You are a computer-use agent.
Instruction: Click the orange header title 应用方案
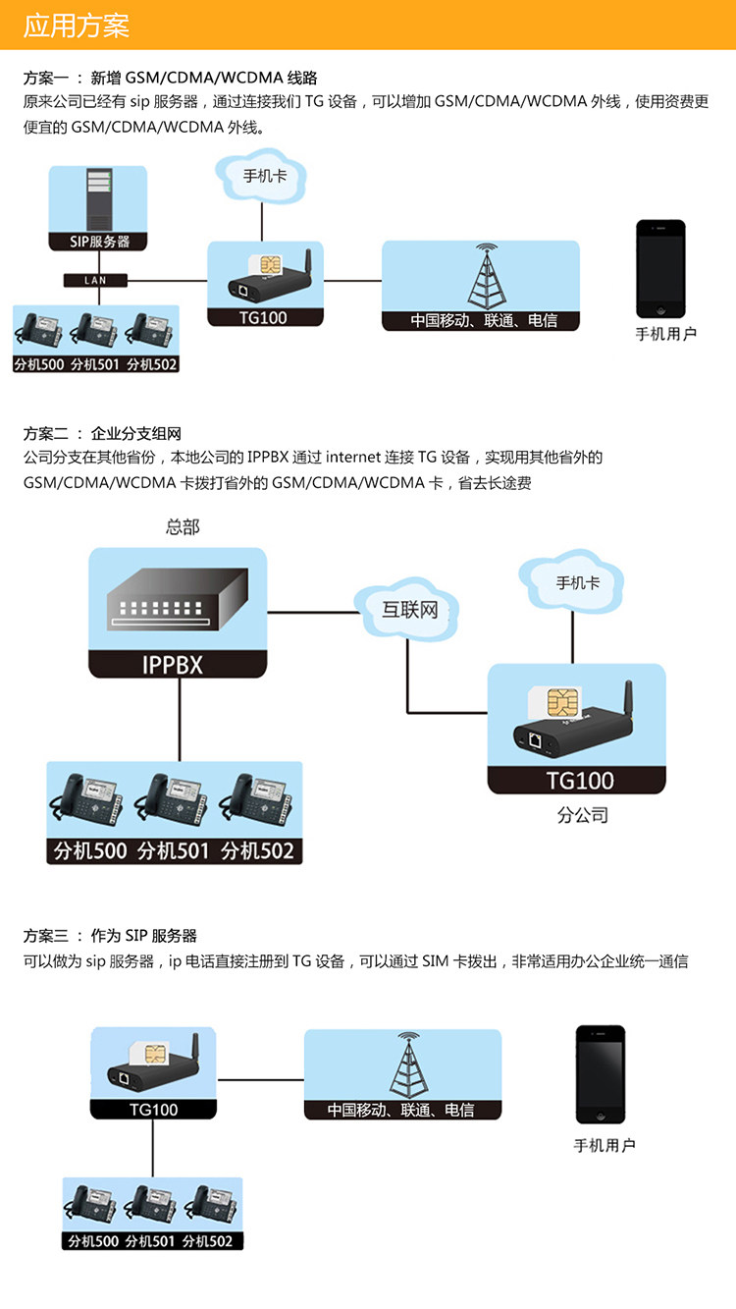tap(77, 26)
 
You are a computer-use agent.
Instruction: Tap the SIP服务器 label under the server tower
tap(97, 241)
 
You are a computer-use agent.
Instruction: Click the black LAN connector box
tap(95, 280)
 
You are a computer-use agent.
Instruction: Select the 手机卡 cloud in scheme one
tap(264, 176)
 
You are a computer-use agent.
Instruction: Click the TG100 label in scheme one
tap(263, 317)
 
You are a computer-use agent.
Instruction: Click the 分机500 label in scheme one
tap(39, 364)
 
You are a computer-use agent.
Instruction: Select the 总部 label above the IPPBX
tap(183, 527)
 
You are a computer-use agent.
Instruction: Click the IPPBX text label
tap(178, 665)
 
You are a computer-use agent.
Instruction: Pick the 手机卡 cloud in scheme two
tap(577, 582)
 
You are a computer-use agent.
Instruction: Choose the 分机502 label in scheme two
tap(258, 850)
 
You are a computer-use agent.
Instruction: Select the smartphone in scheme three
tap(600, 1074)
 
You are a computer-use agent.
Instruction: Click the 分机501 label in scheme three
tap(150, 1240)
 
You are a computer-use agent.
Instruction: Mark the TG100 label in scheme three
tap(154, 1109)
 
